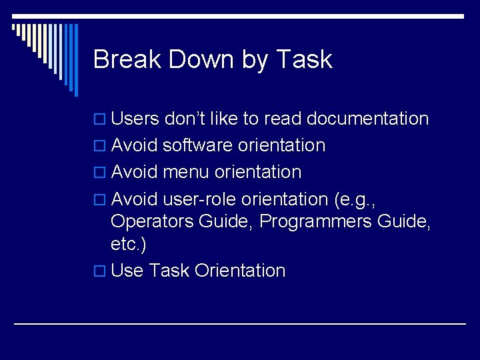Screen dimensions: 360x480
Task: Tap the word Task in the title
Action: [x=303, y=59]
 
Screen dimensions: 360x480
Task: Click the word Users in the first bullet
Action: [x=135, y=119]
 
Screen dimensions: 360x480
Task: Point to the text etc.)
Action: [x=128, y=244]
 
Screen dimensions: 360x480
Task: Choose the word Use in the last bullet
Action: [x=127, y=271]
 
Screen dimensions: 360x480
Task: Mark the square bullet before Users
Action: [x=101, y=120]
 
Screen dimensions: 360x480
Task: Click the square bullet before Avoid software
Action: [x=101, y=146]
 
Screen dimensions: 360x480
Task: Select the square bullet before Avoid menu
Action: [x=101, y=173]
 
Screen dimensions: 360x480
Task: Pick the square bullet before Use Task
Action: [x=101, y=271]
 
